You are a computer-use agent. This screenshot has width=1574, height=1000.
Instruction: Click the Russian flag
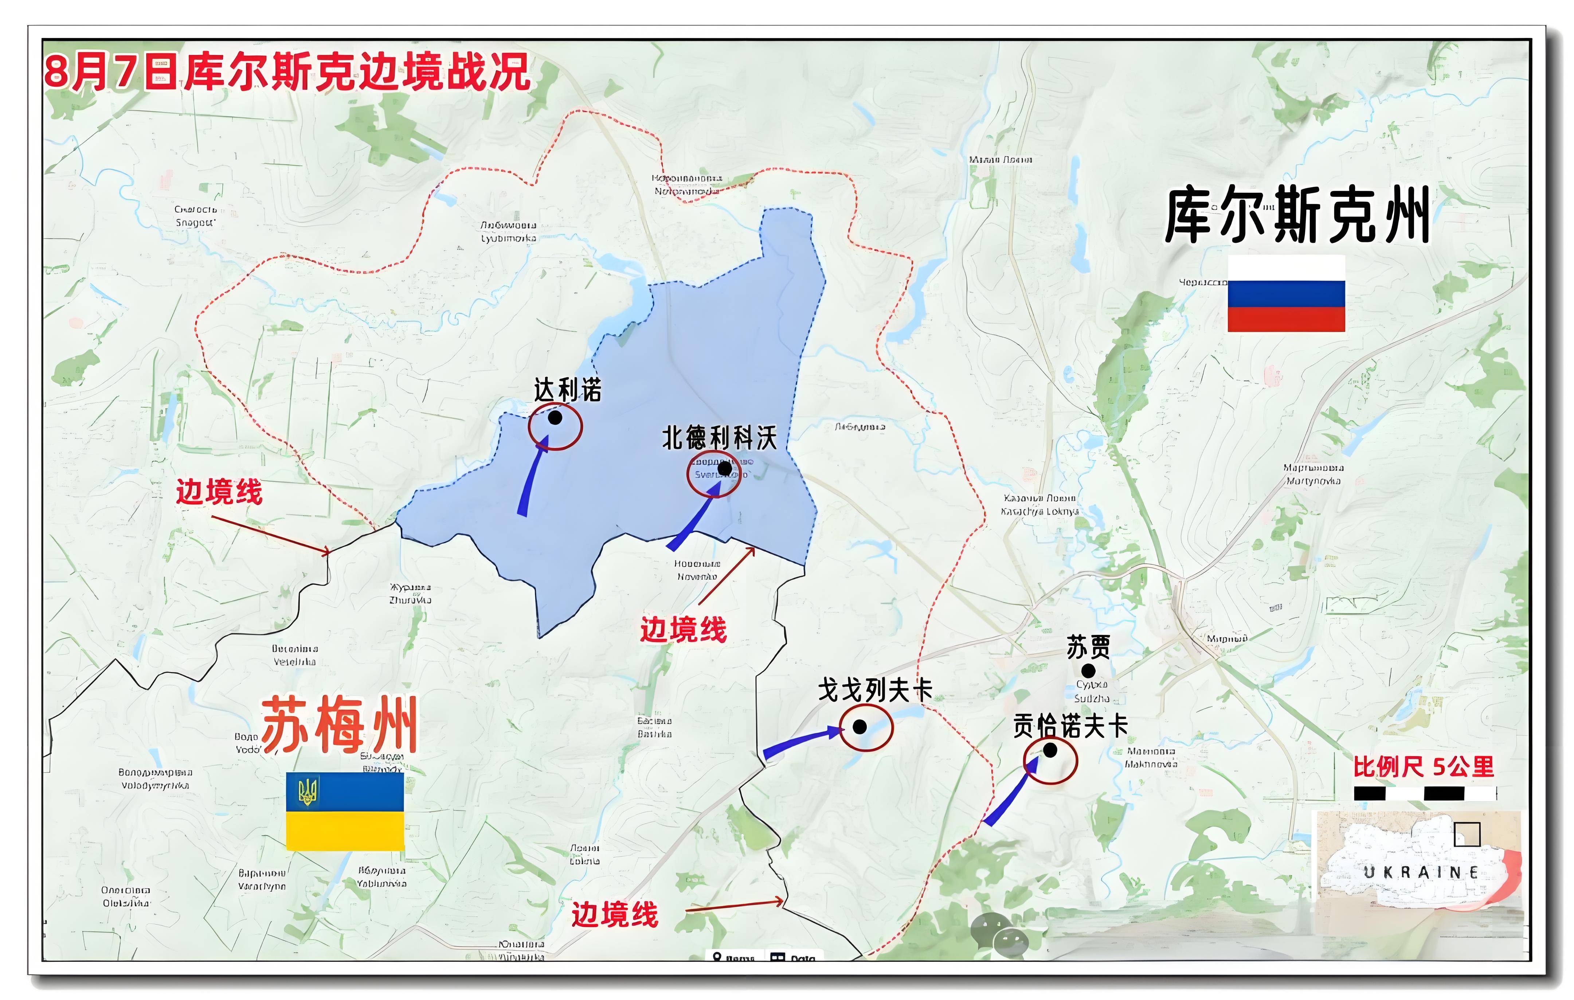[1286, 293]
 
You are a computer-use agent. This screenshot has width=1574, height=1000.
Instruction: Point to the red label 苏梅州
[340, 726]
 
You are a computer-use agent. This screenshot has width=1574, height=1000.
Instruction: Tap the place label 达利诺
[567, 390]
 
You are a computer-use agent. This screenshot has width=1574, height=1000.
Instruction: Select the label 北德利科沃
[719, 438]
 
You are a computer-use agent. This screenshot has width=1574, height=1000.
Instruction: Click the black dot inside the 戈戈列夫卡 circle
[860, 727]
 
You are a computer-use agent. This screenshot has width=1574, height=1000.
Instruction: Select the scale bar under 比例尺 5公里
[1425, 793]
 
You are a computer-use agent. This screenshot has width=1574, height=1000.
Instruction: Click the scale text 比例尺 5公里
[1424, 767]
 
